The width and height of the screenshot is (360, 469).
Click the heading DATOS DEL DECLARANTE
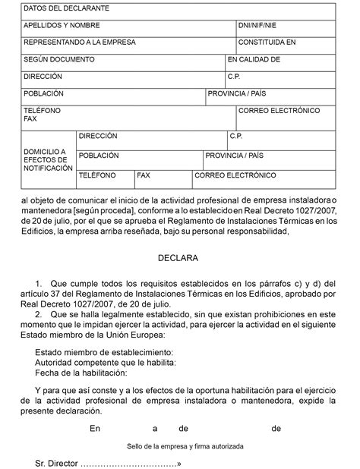pyautogui.click(x=55, y=8)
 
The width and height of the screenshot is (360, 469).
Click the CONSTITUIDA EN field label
pyautogui.click(x=267, y=42)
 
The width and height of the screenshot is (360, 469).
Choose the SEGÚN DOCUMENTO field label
pyautogui.click(x=58, y=59)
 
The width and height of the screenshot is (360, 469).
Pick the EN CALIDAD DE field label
pyautogui.click(x=254, y=59)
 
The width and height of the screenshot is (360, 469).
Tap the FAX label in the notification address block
pyautogui.click(x=144, y=175)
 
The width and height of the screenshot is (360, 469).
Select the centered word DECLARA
pyautogui.click(x=178, y=258)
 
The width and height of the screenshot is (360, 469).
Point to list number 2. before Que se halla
pyautogui.click(x=40, y=312)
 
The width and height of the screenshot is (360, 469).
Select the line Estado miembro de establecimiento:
pyautogui.click(x=104, y=352)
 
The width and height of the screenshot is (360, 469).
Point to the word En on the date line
pyautogui.click(x=94, y=429)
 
